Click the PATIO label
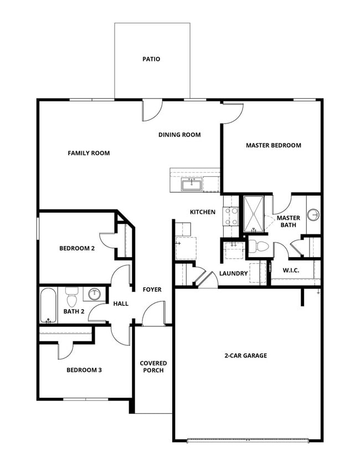(x=151, y=59)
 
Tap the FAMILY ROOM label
(x=89, y=153)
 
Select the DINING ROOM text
(x=179, y=135)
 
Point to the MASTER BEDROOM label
(x=273, y=145)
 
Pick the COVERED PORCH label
(x=153, y=367)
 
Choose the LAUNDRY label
(x=233, y=273)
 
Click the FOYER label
(x=152, y=289)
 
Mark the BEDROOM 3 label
(x=84, y=370)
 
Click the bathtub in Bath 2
(x=48, y=305)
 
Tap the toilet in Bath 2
(x=71, y=298)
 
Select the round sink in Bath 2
(x=95, y=294)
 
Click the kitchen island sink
(x=192, y=183)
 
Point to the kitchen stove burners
(x=230, y=216)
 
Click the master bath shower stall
(x=255, y=213)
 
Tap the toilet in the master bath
(x=258, y=247)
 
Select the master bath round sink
(x=313, y=214)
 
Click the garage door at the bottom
(x=248, y=441)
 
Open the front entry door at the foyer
(x=154, y=316)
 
